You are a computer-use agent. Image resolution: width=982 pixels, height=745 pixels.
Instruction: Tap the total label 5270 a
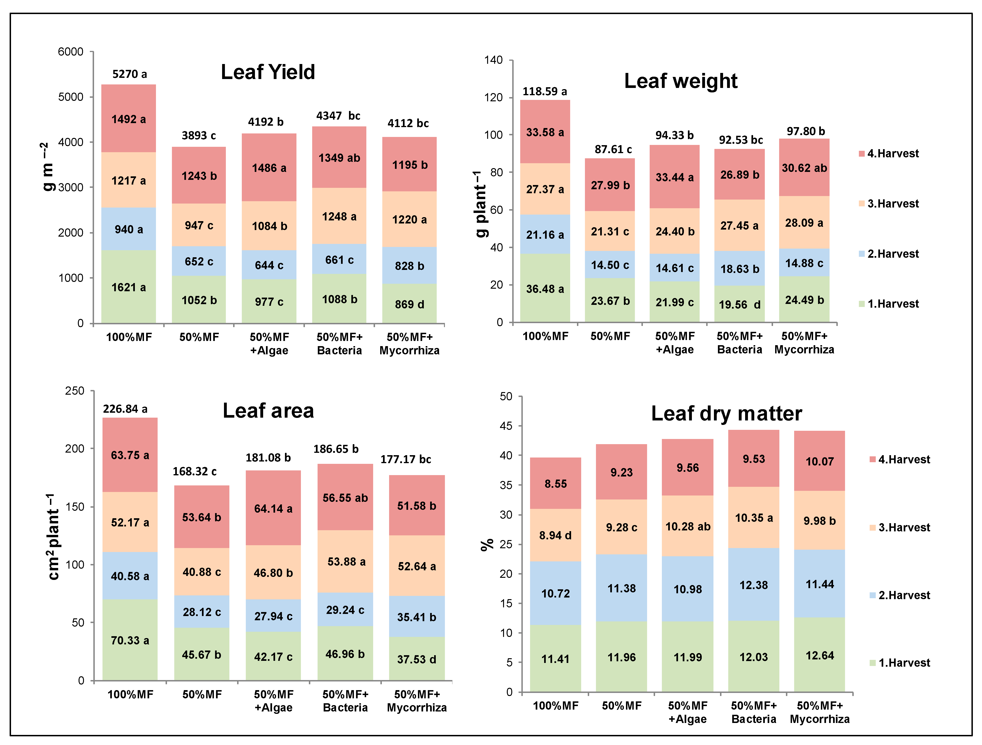tap(129, 74)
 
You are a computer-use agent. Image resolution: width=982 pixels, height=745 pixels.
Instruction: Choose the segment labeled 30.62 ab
tap(804, 168)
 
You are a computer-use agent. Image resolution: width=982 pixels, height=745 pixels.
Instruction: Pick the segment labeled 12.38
tap(753, 585)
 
